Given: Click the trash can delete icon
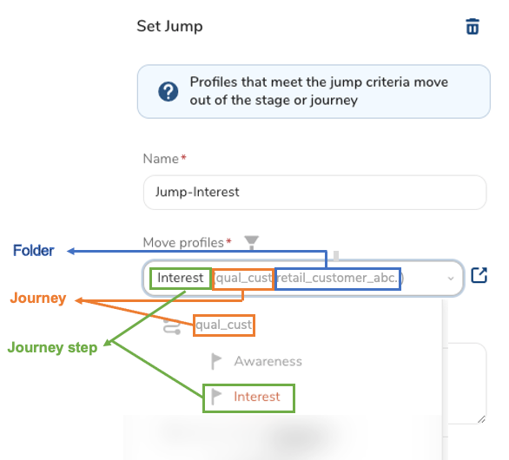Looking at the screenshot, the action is tap(473, 26).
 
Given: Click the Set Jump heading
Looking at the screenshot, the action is tap(169, 26).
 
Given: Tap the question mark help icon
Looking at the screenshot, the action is tap(169, 91).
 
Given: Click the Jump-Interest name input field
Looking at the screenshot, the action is tap(314, 193).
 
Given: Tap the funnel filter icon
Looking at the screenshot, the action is tap(252, 242).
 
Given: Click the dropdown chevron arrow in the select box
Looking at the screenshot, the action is tap(451, 279).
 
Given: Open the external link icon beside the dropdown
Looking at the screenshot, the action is tap(479, 275).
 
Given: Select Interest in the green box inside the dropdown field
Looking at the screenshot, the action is tap(180, 278).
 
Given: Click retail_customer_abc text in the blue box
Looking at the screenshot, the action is tap(337, 278).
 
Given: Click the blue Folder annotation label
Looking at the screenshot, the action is tap(33, 251).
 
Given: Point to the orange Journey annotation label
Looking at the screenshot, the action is tap(38, 298).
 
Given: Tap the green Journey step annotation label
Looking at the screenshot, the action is tap(52, 347).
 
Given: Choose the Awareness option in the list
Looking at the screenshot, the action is tap(268, 361).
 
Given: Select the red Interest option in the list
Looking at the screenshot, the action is tap(257, 397).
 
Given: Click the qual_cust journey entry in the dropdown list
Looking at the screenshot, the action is tap(223, 325).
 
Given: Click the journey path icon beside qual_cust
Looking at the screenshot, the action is tap(172, 326).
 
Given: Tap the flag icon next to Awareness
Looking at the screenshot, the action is tap(216, 361).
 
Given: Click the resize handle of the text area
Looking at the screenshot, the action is tap(481, 419).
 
